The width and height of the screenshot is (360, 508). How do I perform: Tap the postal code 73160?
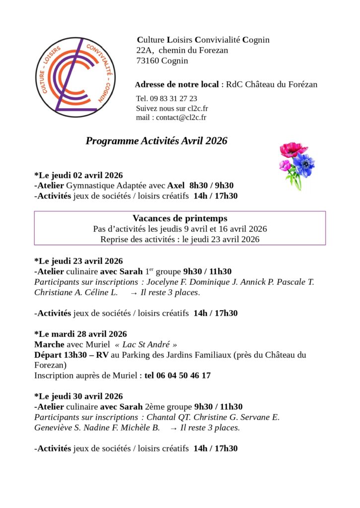pos(148,61)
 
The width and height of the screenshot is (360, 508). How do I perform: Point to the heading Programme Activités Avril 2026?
pos(156,141)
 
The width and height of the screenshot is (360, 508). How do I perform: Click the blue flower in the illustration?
pos(303,165)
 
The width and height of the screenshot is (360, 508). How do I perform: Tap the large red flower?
pos(293,149)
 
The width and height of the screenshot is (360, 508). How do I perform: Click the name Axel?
pos(176,185)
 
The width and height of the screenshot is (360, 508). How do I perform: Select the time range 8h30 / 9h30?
pos(212,185)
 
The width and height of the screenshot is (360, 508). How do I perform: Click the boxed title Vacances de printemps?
pos(180,218)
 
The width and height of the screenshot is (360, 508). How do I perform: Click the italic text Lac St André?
pos(145,344)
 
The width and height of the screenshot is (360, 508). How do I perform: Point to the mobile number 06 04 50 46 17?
pos(177,376)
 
